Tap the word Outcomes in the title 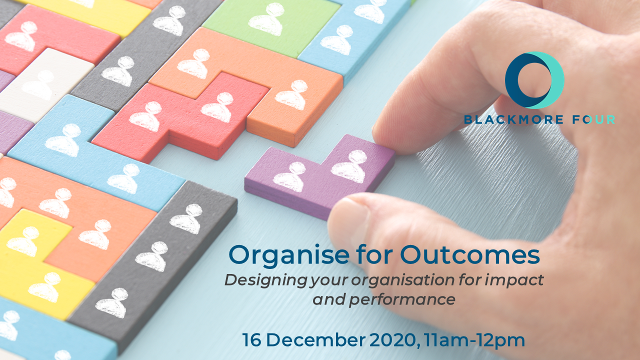pyautogui.click(x=470, y=254)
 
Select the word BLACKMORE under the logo pyautogui.click(x=513, y=119)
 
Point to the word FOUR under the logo pyautogui.click(x=593, y=119)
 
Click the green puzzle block pyautogui.click(x=271, y=25)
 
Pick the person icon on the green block pyautogui.click(x=266, y=19)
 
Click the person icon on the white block pyautogui.click(x=38, y=85)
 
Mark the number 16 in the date pyautogui.click(x=251, y=340)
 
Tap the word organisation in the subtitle pyautogui.click(x=403, y=280)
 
